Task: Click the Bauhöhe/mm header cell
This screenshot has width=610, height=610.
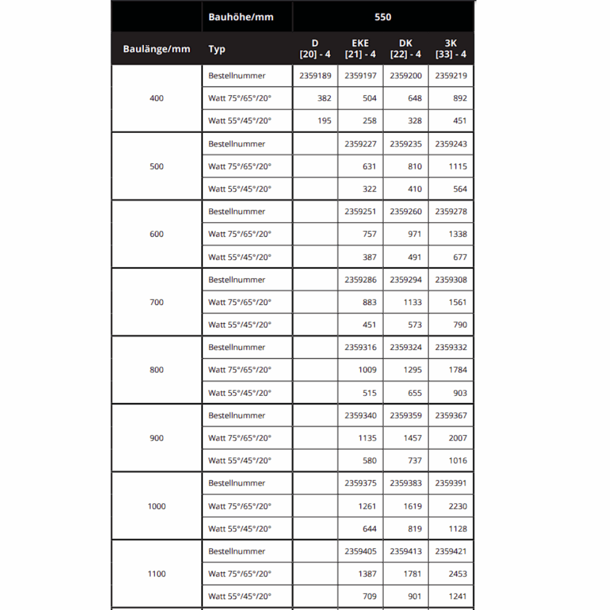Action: (x=241, y=17)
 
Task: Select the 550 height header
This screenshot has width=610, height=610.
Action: (x=382, y=17)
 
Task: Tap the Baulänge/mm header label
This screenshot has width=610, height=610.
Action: (x=156, y=49)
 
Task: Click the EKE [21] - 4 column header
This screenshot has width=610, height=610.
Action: (x=361, y=49)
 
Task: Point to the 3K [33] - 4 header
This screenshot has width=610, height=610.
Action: (x=451, y=49)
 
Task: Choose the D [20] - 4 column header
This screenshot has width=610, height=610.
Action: (x=315, y=49)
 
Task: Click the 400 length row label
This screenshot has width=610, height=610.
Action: (x=156, y=98)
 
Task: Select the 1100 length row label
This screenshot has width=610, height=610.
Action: (x=156, y=573)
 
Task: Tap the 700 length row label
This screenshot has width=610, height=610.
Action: (x=156, y=302)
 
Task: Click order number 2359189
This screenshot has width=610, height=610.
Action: (x=315, y=76)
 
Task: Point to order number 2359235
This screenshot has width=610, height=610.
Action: (x=406, y=144)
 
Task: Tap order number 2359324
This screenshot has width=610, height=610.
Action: (x=406, y=347)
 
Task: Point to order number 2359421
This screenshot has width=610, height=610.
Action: (x=451, y=551)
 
